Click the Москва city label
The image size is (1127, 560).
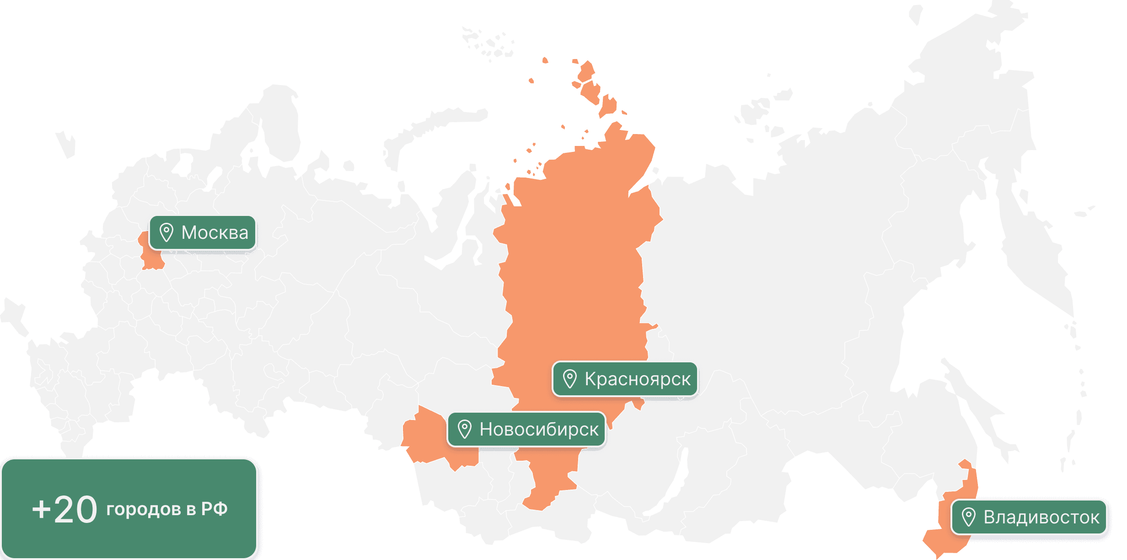[x=215, y=233]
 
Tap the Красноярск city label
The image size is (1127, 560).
[x=637, y=379]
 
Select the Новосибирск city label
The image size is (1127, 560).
[x=539, y=430]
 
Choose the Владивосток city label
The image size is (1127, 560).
[x=1041, y=517]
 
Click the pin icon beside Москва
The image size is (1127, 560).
[x=166, y=232]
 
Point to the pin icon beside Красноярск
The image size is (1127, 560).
[x=569, y=379]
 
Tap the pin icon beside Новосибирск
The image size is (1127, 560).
[x=464, y=430]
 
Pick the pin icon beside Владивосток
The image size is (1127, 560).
[x=968, y=517]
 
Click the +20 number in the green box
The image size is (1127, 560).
[x=64, y=510]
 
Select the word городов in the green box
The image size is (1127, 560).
[x=144, y=509]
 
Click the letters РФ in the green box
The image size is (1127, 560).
[x=214, y=509]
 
